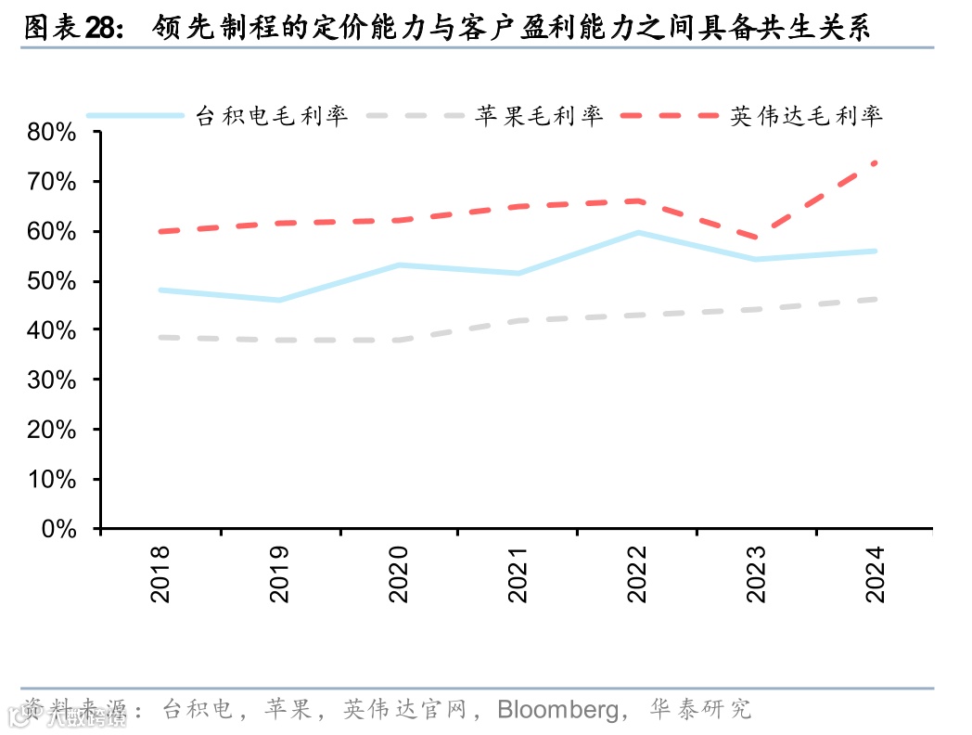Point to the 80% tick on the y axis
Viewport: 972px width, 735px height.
(52, 132)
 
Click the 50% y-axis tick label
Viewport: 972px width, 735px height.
(52, 281)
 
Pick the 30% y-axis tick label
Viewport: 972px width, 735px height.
(52, 380)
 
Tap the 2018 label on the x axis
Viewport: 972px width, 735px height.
(160, 574)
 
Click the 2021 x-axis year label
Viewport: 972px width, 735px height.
(518, 574)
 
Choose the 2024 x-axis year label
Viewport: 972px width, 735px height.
(875, 574)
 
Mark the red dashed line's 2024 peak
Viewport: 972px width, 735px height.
(875, 162)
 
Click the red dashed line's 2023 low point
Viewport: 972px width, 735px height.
(756, 239)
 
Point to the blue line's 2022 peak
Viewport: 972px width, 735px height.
(637, 232)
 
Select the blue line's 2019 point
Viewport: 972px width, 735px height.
(279, 300)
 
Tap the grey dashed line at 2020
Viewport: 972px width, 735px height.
(399, 340)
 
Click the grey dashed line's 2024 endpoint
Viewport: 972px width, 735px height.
(875, 299)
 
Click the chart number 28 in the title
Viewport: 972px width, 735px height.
(103, 29)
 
